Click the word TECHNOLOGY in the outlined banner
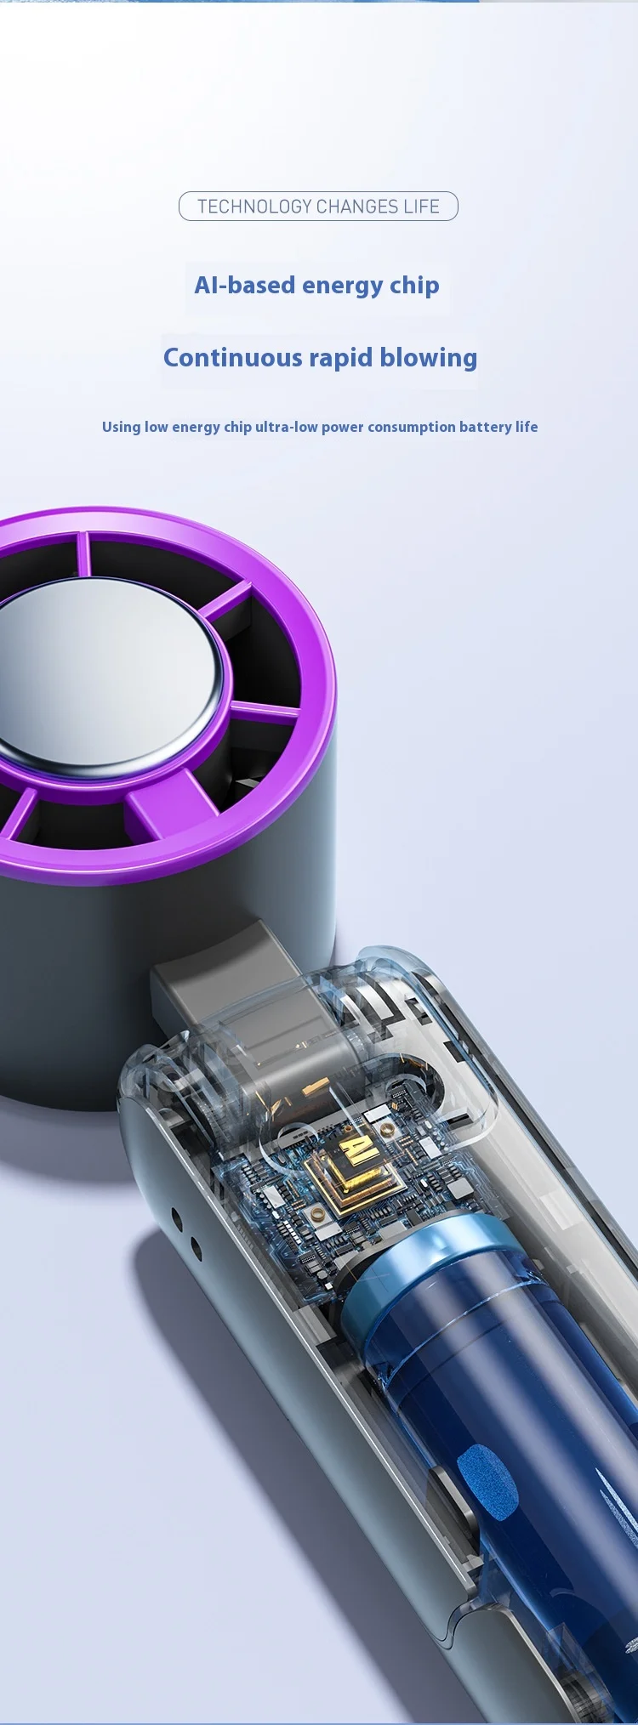click(x=254, y=207)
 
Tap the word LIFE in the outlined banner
click(x=422, y=207)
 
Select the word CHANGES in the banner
click(x=357, y=207)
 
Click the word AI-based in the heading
click(x=244, y=285)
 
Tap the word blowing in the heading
click(x=429, y=358)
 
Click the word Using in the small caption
click(x=121, y=427)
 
